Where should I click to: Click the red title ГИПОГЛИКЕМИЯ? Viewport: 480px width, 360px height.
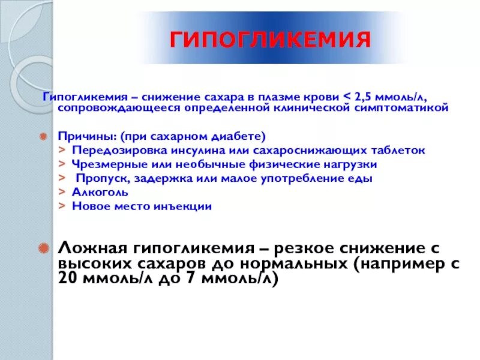point(268,40)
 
